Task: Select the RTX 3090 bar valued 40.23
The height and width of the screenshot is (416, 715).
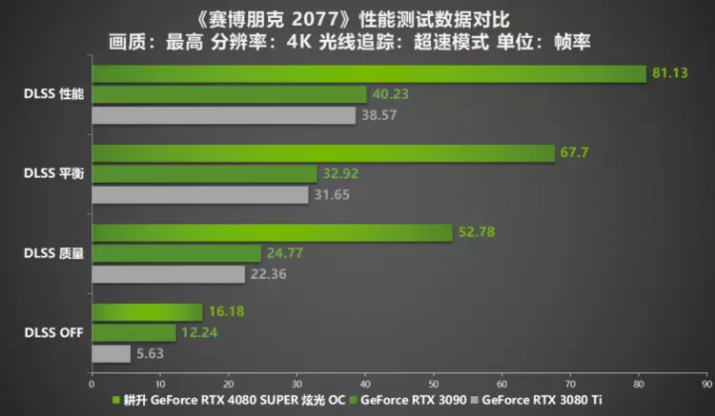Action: (x=229, y=94)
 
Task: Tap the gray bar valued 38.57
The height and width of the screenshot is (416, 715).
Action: (x=223, y=115)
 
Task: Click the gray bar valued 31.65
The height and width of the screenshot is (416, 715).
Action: (x=200, y=194)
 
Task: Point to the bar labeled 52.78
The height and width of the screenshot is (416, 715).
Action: (x=272, y=233)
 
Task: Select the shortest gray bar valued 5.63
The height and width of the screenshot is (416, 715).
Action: (x=111, y=353)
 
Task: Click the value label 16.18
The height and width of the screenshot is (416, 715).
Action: (x=223, y=311)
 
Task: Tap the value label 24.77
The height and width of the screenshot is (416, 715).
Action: (x=281, y=253)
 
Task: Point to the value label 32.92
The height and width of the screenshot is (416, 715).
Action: (x=337, y=174)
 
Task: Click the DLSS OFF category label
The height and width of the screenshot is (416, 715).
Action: (x=53, y=332)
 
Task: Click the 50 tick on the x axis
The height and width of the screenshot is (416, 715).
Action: (x=433, y=384)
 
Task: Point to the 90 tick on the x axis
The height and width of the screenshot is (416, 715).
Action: (x=705, y=384)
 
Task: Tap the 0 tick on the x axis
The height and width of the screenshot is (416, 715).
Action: (x=92, y=384)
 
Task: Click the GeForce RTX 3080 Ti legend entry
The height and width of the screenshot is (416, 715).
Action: (x=542, y=400)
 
